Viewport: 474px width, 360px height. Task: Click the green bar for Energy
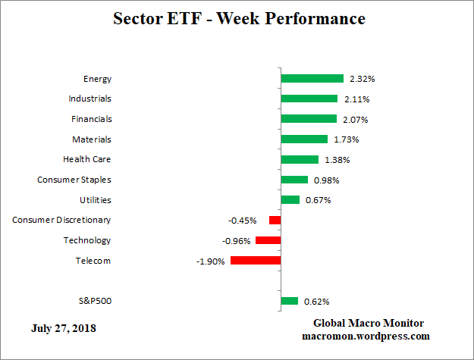[x=312, y=78]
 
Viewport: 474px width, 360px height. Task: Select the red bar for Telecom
[x=256, y=260]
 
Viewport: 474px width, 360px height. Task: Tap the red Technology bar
[x=268, y=240]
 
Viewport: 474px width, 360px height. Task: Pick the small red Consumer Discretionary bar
[x=275, y=220]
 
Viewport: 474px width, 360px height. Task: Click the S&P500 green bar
[x=289, y=301]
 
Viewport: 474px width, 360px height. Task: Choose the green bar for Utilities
[x=290, y=199]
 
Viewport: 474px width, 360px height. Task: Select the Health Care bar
[x=300, y=159]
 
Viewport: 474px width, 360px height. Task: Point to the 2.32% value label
[x=362, y=79]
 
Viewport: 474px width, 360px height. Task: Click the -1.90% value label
[x=211, y=261]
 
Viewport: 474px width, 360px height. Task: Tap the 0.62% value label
[x=316, y=302]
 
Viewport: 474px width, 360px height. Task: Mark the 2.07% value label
[x=355, y=119]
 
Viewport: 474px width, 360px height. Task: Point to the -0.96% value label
[x=236, y=241]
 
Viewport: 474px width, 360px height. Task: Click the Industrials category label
[x=89, y=99]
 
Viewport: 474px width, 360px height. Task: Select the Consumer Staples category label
[x=74, y=180]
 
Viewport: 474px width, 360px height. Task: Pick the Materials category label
[x=92, y=139]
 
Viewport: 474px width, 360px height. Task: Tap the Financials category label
[x=91, y=119]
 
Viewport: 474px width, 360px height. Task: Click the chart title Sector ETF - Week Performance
[x=239, y=18]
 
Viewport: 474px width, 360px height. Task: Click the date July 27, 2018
[x=64, y=328]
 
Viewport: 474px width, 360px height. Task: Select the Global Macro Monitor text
[x=369, y=322]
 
